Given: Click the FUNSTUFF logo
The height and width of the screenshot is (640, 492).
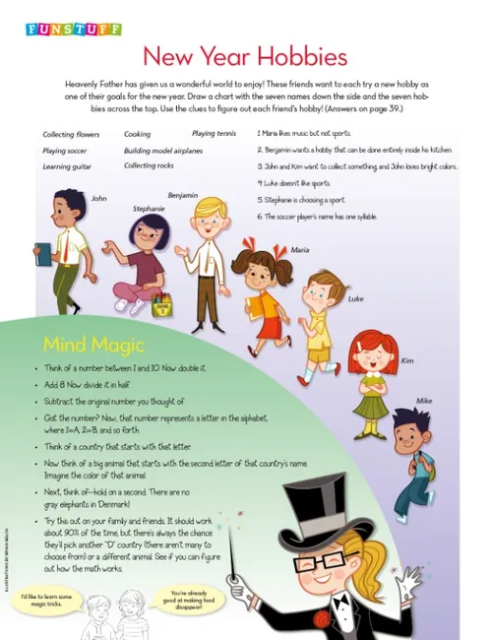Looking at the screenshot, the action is point(74,30).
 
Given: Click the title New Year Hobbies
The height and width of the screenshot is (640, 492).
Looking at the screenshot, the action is point(246,55).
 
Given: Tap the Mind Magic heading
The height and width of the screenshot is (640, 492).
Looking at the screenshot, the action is point(94,345).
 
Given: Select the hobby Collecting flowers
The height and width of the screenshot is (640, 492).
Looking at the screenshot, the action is point(72,135).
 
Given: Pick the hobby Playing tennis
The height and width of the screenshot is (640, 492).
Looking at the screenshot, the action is point(214,133).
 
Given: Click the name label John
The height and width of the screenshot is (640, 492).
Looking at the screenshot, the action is point(98,198).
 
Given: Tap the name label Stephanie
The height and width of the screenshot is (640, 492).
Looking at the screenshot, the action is point(149,209).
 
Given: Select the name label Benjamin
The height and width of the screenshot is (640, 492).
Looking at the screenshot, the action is point(183,195).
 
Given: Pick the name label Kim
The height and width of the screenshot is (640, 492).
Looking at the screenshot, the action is point(407,360).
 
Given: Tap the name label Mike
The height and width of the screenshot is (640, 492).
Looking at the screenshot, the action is point(423,401).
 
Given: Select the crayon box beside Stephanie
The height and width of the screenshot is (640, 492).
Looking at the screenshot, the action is point(161,304).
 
